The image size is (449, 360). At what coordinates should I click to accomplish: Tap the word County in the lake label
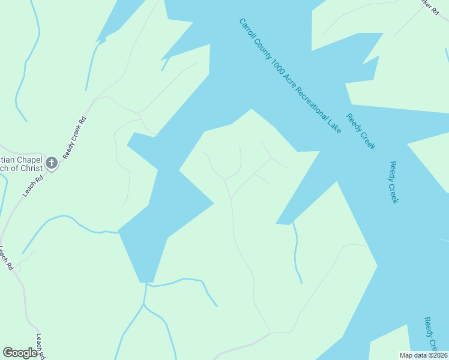coord(263,49)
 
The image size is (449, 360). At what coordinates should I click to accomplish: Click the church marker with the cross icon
coord(52,163)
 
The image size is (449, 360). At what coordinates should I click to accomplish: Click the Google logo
coord(20,353)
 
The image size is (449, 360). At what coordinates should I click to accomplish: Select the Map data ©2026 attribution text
coord(423,355)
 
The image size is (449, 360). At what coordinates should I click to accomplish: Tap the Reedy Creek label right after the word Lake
coord(361,131)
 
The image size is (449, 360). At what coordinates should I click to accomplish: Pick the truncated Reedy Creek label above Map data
coord(430,333)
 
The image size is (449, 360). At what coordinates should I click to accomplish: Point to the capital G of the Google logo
coord(8,353)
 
